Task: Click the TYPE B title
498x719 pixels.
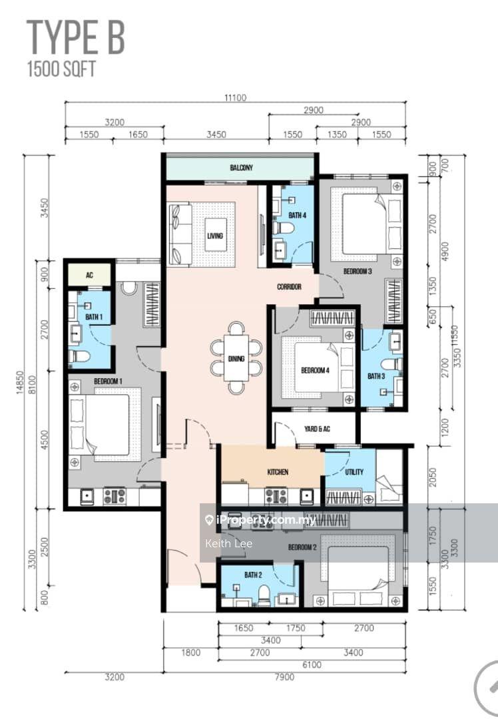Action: (x=75, y=37)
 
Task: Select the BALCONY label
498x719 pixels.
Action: (x=241, y=168)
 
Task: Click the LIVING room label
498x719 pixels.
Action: (x=214, y=236)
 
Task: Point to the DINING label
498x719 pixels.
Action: (x=236, y=359)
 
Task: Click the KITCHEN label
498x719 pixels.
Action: (x=278, y=472)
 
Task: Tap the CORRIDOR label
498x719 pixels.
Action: (x=290, y=287)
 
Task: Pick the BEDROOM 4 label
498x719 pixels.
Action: (x=314, y=371)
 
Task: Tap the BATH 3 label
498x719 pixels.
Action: (x=376, y=376)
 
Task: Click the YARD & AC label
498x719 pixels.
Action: (x=318, y=429)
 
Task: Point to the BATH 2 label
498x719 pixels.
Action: (x=252, y=575)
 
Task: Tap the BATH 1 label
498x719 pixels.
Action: (x=89, y=317)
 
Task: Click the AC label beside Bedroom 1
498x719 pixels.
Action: (x=88, y=275)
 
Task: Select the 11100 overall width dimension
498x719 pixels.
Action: (x=235, y=97)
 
